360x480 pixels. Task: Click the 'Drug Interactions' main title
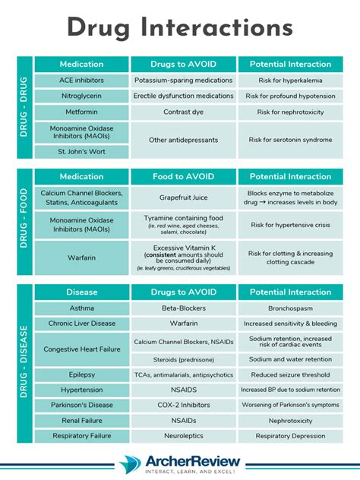click(x=180, y=27)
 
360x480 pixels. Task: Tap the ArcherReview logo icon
click(x=131, y=463)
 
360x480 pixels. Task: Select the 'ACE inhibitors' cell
click(x=82, y=80)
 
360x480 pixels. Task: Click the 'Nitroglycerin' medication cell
click(x=82, y=96)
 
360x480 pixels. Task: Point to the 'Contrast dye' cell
click(x=183, y=112)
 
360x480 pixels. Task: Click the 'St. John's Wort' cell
click(x=82, y=151)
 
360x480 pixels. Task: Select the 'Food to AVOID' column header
click(x=183, y=177)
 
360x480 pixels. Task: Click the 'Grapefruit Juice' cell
click(x=183, y=197)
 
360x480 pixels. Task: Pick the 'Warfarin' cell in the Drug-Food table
click(x=82, y=257)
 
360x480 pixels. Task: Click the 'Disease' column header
click(x=82, y=292)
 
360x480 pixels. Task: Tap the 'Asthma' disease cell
click(x=82, y=308)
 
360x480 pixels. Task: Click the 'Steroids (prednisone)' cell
click(x=183, y=359)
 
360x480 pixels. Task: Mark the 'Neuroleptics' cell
click(x=183, y=436)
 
